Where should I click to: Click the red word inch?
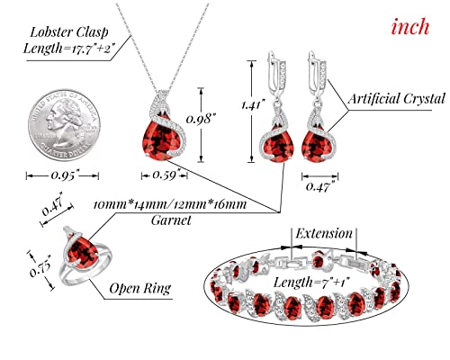[410, 27]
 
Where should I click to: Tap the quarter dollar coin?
[64, 125]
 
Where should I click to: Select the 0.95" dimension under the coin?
[65, 175]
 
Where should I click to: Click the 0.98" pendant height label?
[202, 119]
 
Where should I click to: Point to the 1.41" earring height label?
[254, 105]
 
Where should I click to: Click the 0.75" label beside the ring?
[40, 266]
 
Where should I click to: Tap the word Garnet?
[171, 220]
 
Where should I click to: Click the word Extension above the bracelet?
[324, 233]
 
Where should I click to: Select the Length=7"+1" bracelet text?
[311, 283]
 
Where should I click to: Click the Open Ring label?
[140, 288]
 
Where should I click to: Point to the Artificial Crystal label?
[396, 99]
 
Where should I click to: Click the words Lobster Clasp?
[69, 32]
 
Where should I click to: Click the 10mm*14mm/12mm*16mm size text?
[170, 205]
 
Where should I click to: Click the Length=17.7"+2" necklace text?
[69, 48]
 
